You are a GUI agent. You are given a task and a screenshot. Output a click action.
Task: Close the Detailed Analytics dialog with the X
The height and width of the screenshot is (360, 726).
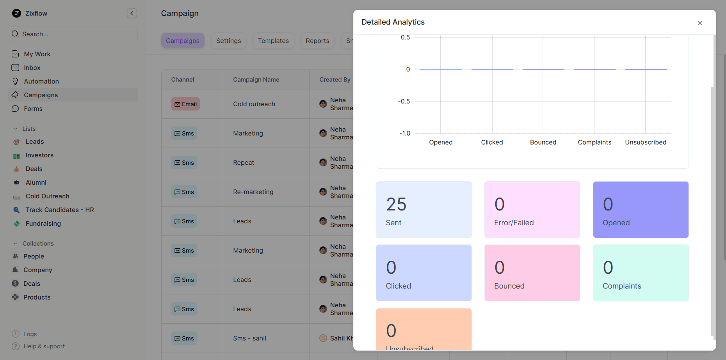[699, 23]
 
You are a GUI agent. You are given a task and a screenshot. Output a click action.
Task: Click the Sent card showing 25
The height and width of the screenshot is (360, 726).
[423, 210]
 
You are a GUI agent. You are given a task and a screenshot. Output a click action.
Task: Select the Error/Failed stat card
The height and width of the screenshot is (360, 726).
[532, 210]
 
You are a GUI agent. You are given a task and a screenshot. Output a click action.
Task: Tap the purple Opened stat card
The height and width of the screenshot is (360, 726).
[641, 210]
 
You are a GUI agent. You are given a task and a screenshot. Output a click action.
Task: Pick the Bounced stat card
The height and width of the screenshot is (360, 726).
[532, 273]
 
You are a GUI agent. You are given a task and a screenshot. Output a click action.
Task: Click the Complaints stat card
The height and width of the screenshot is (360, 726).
[641, 273]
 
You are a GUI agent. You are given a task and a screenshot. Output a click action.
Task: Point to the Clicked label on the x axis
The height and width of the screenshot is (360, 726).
[492, 143]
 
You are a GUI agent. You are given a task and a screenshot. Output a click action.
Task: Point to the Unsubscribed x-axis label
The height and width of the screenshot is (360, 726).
[646, 143]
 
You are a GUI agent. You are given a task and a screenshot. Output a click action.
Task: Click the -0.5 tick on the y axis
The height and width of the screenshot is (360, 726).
[404, 102]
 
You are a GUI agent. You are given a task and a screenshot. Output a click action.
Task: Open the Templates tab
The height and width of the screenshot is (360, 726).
[273, 41]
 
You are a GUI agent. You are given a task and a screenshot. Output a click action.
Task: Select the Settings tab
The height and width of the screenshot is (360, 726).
[228, 41]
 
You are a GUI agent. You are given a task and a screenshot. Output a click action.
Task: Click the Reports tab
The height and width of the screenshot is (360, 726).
[317, 41]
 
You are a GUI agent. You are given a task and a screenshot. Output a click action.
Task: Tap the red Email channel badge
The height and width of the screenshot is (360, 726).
[185, 104]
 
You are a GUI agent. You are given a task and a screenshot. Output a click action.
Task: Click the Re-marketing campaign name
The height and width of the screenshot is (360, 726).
[253, 192]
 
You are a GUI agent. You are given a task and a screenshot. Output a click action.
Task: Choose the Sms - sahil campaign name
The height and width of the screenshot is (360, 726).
[249, 338]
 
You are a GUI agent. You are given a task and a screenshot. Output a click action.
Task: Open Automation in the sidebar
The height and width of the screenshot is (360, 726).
[41, 81]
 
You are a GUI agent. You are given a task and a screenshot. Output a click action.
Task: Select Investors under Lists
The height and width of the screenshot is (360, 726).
[39, 155]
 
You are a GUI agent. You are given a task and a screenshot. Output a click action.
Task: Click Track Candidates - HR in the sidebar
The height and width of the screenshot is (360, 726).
[60, 210]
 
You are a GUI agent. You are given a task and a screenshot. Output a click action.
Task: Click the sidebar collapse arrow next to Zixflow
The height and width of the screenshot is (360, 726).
[132, 13]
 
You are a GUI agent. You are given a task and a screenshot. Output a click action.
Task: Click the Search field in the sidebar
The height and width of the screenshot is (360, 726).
[73, 34]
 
